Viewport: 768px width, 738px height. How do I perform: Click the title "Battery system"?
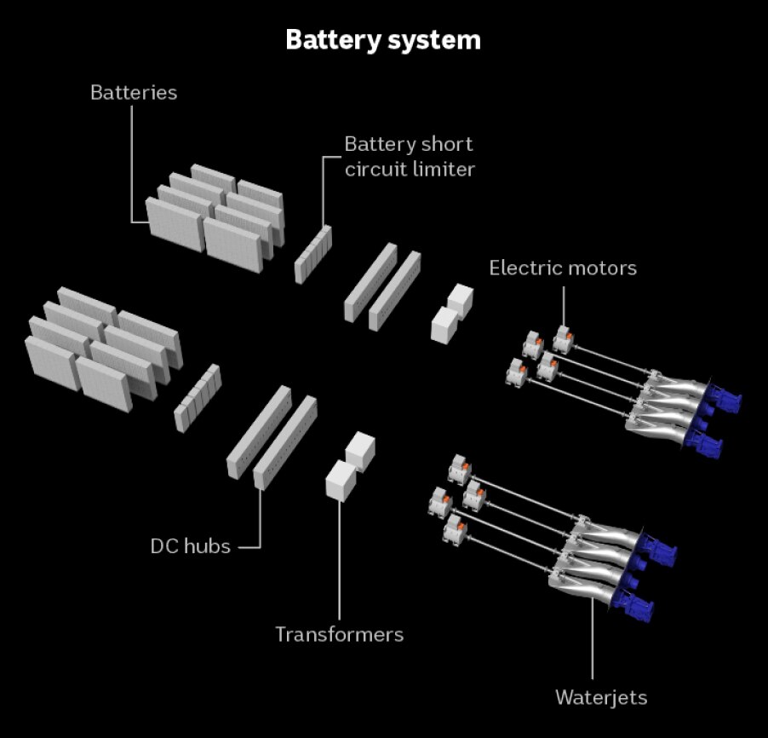coord(383,40)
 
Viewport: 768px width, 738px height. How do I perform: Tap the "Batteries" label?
coord(134,92)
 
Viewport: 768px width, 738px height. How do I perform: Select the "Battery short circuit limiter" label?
coord(409,156)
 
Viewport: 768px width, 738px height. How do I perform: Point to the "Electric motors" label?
coord(562,268)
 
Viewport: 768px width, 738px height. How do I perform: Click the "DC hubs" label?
coord(190,545)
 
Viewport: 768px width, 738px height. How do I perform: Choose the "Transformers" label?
coord(339,634)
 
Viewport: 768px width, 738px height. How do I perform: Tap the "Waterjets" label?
coord(601,697)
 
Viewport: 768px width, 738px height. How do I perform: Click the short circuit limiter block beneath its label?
coord(312,254)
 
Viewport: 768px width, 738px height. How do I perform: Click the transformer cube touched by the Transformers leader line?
coord(341,481)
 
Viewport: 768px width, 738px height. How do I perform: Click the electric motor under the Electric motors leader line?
coord(562,337)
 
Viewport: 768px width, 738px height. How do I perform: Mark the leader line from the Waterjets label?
coord(593,639)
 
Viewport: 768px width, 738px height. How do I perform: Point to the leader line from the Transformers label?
coord(339,562)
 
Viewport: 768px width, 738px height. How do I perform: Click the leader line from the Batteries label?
coord(132,162)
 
